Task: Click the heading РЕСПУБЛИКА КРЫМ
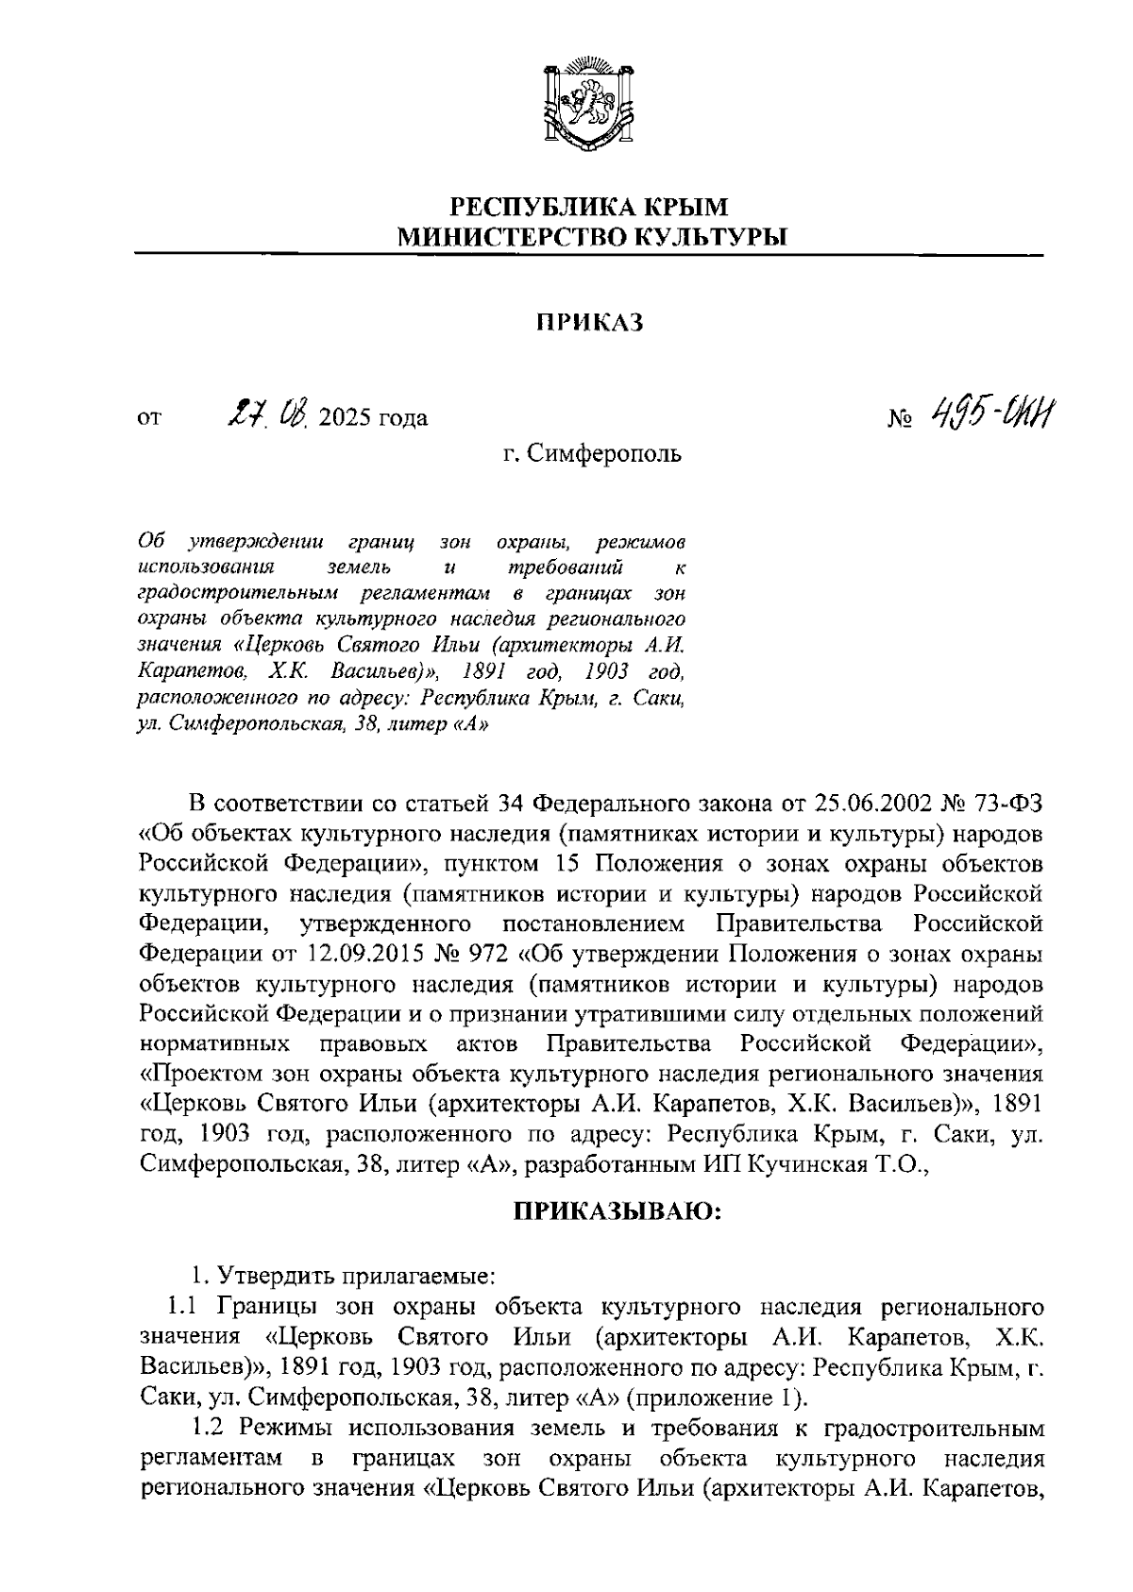click(588, 206)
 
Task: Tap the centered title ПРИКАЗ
click(588, 323)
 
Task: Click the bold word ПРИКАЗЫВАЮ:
click(617, 1211)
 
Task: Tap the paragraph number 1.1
click(184, 1307)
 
